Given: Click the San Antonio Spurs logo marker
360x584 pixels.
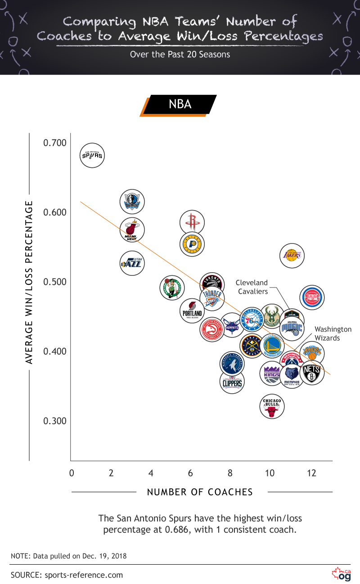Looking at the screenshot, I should point(92,156).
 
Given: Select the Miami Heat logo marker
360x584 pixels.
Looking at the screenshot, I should point(132,230).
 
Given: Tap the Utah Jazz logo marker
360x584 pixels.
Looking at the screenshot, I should point(132,263).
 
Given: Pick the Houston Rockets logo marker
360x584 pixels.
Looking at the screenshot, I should point(192,222).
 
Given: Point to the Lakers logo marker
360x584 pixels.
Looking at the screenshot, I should point(292,256).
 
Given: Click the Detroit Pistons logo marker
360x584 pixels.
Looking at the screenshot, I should point(312,297).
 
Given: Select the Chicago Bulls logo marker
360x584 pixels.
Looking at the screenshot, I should point(272,406).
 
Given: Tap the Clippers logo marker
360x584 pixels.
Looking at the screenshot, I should point(233,382).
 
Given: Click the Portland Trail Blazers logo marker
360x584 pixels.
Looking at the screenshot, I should point(192,311).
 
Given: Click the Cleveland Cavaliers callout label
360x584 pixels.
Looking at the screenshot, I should point(252,287).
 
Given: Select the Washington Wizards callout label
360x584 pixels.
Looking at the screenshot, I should point(333,333).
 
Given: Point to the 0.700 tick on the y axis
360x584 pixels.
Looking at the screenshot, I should point(54,143).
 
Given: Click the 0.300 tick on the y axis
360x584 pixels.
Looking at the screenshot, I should point(54,421).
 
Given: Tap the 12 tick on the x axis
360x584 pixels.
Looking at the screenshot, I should point(311,473).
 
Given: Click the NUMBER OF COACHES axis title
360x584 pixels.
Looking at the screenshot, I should point(200,492).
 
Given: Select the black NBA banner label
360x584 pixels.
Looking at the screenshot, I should point(180,104).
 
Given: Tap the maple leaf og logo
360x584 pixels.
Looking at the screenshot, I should point(341,574).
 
